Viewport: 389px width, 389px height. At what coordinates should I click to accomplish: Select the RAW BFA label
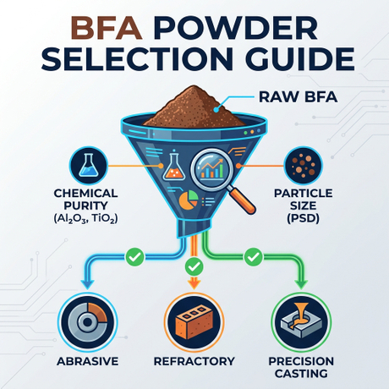(x=298, y=97)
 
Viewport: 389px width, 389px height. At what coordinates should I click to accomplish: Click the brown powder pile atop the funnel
(x=194, y=107)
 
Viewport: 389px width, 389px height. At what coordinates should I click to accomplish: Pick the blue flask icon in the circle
(x=89, y=166)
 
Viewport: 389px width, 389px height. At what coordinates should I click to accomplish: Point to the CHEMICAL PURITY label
(x=85, y=200)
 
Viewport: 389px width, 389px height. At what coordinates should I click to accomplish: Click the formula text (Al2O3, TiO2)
(x=85, y=218)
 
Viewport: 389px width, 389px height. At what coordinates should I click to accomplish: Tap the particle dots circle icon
(x=303, y=166)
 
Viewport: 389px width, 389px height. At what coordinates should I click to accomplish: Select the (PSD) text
(x=303, y=218)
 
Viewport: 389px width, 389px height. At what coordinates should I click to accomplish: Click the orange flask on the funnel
(x=174, y=166)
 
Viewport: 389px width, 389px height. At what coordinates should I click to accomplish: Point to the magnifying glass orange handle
(x=243, y=200)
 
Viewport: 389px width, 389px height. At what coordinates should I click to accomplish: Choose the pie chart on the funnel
(x=188, y=200)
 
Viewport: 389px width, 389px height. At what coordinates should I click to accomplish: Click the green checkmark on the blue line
(x=134, y=257)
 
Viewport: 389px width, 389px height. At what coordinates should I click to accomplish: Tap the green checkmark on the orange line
(x=194, y=266)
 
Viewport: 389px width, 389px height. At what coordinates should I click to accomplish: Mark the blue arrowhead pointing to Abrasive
(x=87, y=284)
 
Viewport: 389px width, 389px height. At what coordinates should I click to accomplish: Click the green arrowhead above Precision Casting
(x=301, y=284)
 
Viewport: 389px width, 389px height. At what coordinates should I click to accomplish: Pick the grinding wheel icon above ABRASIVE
(x=88, y=322)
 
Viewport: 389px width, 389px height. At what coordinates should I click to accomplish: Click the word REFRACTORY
(x=194, y=361)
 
